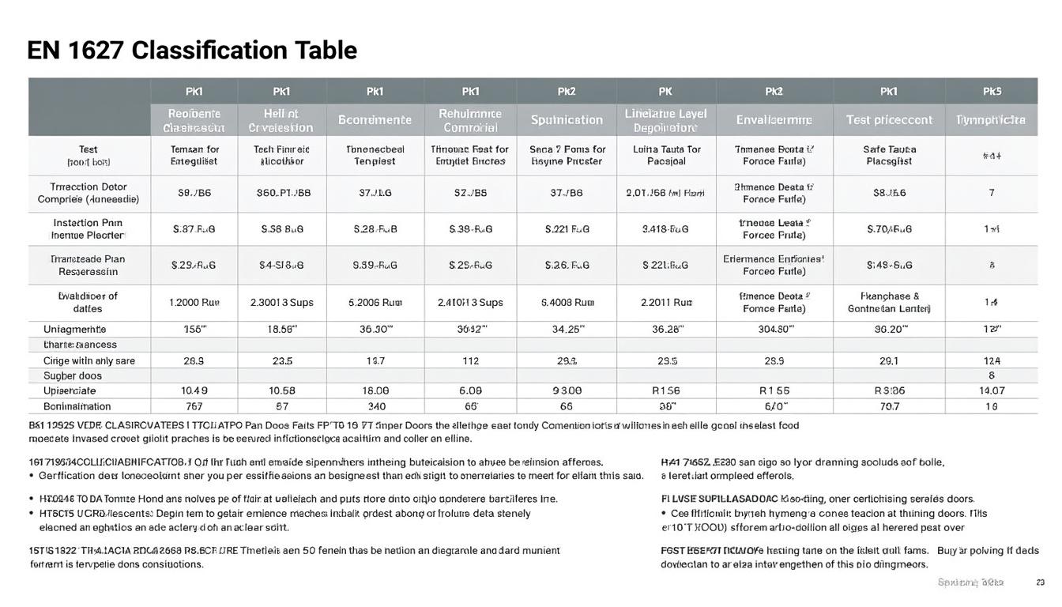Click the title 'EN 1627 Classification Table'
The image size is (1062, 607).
point(192,51)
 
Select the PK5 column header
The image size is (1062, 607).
point(992,91)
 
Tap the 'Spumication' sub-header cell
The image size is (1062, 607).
point(567,120)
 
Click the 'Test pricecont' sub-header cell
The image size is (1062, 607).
point(889,120)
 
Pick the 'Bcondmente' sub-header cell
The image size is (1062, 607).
point(375,120)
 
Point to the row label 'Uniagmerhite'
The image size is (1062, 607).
point(75,329)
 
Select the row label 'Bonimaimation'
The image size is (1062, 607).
point(77,406)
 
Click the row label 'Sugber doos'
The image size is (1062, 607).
point(73,375)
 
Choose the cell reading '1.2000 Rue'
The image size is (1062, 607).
point(194,302)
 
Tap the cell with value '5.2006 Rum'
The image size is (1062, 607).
point(375,302)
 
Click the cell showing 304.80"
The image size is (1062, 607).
point(774,329)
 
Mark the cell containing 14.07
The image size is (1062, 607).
point(992,390)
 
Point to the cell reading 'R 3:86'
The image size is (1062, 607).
point(889,390)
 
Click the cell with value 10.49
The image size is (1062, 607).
point(194,390)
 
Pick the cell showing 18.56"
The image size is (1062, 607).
point(282,329)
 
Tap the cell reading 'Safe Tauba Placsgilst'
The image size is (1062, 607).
point(890,155)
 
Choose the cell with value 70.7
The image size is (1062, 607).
point(890,406)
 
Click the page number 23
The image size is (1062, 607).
point(1040,582)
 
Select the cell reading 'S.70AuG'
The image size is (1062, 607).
point(890,229)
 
